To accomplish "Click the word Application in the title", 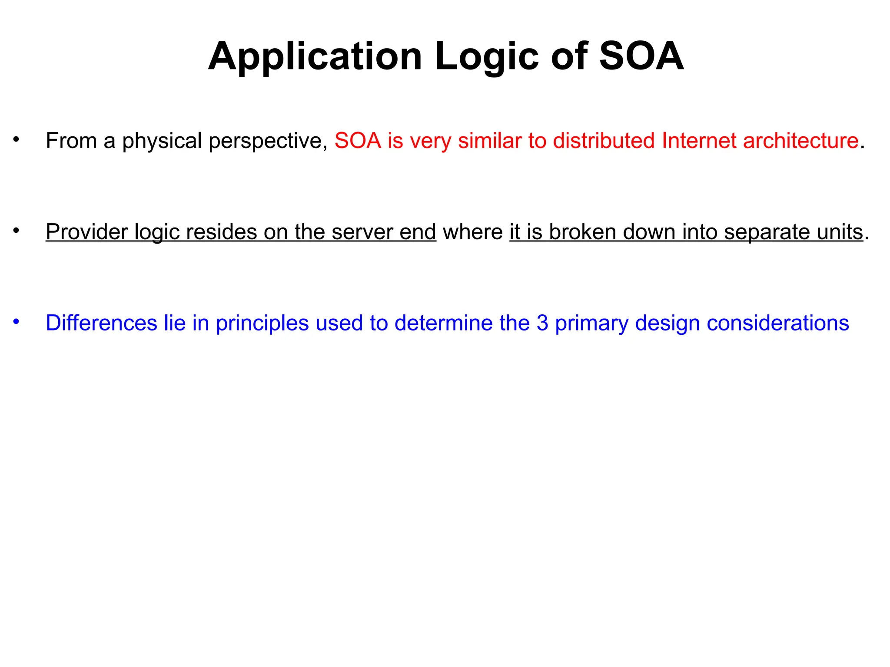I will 315,57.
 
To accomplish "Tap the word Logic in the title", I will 487,57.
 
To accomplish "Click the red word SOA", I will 358,141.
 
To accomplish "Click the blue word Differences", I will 101,323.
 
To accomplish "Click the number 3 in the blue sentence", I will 542,323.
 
